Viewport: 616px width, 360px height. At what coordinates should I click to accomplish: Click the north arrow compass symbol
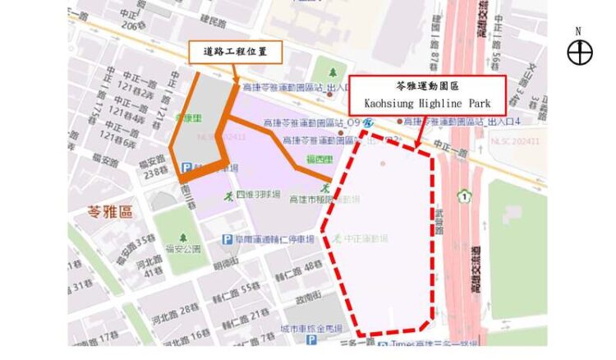[x=580, y=52]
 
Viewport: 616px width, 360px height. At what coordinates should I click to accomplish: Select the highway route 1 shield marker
[x=465, y=197]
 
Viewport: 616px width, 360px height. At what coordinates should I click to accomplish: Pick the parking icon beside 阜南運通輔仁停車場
[x=227, y=239]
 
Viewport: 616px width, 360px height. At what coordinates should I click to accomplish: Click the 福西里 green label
[x=318, y=159]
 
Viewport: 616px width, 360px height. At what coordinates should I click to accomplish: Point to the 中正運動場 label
[x=365, y=239]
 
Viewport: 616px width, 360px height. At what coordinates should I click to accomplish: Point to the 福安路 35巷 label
[x=136, y=244]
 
